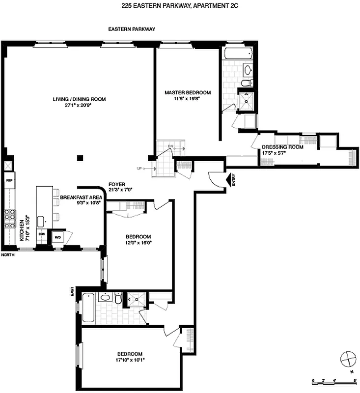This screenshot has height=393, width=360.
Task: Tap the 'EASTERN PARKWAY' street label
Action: click(132, 29)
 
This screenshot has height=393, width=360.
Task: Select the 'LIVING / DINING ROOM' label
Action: click(79, 99)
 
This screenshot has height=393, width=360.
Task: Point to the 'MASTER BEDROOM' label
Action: click(188, 92)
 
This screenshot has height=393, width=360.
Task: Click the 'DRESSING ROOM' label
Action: click(282, 147)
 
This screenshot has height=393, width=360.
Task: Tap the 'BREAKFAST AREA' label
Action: click(81, 197)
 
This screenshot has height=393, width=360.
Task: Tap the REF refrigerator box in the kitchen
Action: click(9, 180)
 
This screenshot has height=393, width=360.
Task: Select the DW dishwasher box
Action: click(42, 235)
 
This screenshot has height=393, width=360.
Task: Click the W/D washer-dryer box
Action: click(57, 237)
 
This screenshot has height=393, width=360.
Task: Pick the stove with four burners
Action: click(9, 219)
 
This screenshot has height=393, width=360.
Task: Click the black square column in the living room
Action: click(80, 158)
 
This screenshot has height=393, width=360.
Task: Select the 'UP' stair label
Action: click(140, 168)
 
